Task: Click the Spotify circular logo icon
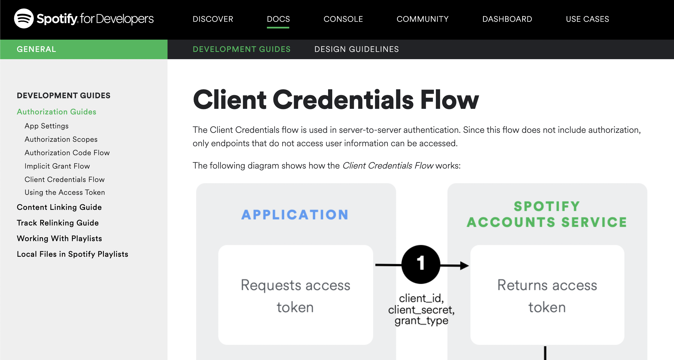point(24,18)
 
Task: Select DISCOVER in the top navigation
point(213,19)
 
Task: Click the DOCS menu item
point(278,19)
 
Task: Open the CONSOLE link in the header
point(343,19)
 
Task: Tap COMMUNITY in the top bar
point(422,19)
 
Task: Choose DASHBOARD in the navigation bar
point(507,19)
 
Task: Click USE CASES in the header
point(587,19)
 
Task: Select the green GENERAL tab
point(36,49)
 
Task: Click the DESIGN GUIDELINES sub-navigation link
point(357,49)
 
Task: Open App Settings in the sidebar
point(47,126)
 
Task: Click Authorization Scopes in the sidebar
point(61,139)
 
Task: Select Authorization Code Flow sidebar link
point(67,153)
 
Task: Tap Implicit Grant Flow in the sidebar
point(57,166)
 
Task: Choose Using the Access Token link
point(65,192)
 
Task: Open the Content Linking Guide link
point(59,207)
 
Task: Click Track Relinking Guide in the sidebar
point(58,223)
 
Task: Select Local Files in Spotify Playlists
point(73,254)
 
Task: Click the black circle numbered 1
point(421,264)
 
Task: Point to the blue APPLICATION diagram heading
point(295,215)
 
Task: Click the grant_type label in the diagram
point(421,321)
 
